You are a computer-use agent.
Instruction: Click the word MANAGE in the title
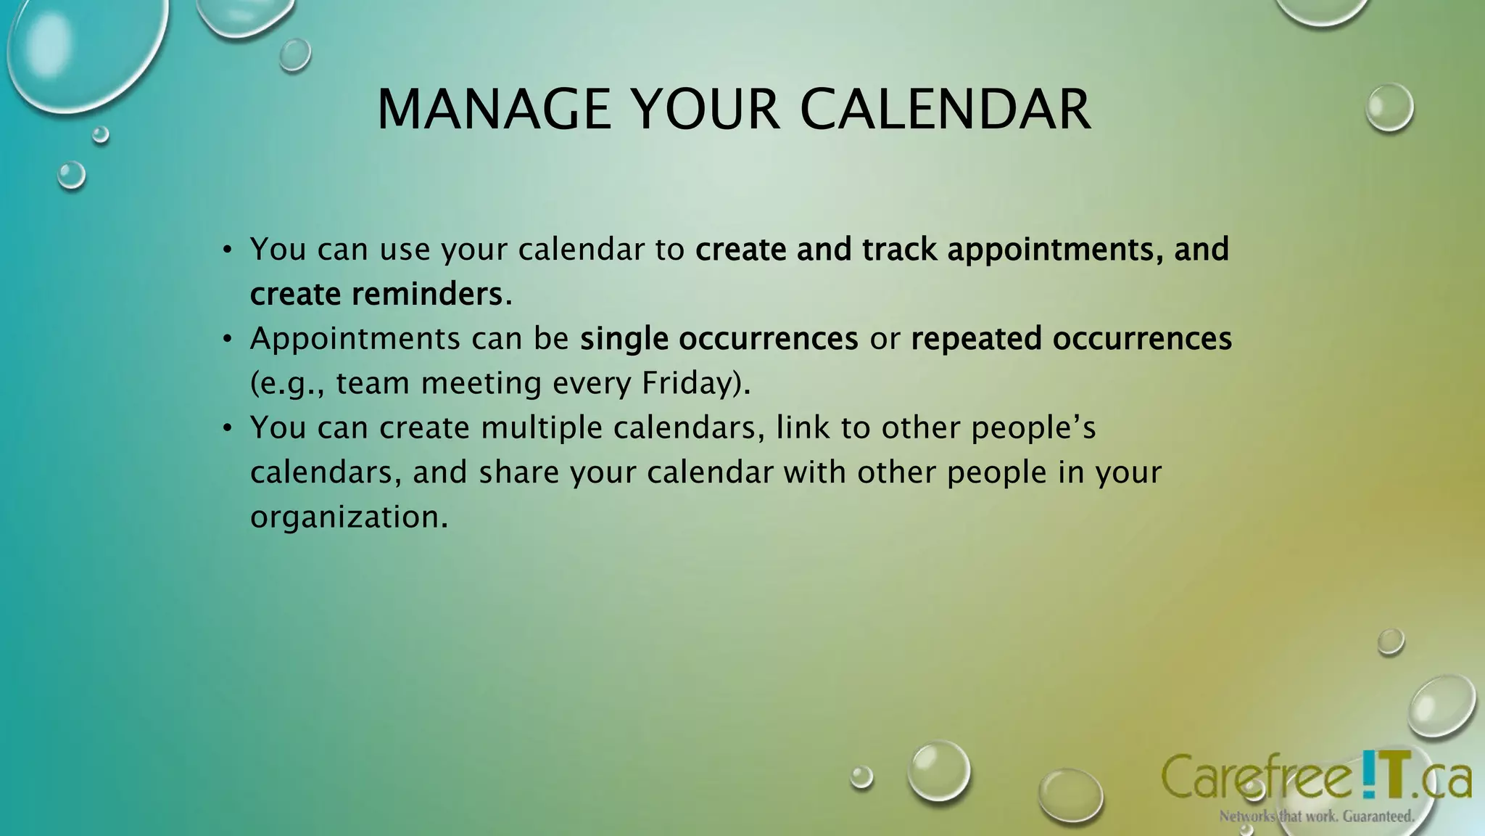coord(494,110)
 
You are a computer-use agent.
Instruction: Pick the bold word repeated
coord(976,339)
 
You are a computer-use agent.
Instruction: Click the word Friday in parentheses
coord(689,383)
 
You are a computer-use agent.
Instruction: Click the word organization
coord(349,517)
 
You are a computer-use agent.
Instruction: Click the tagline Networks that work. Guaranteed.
coord(1316,816)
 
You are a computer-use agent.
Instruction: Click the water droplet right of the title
coord(1389,107)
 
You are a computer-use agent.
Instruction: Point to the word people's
coord(1033,427)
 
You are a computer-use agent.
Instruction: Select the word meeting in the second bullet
coord(481,383)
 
